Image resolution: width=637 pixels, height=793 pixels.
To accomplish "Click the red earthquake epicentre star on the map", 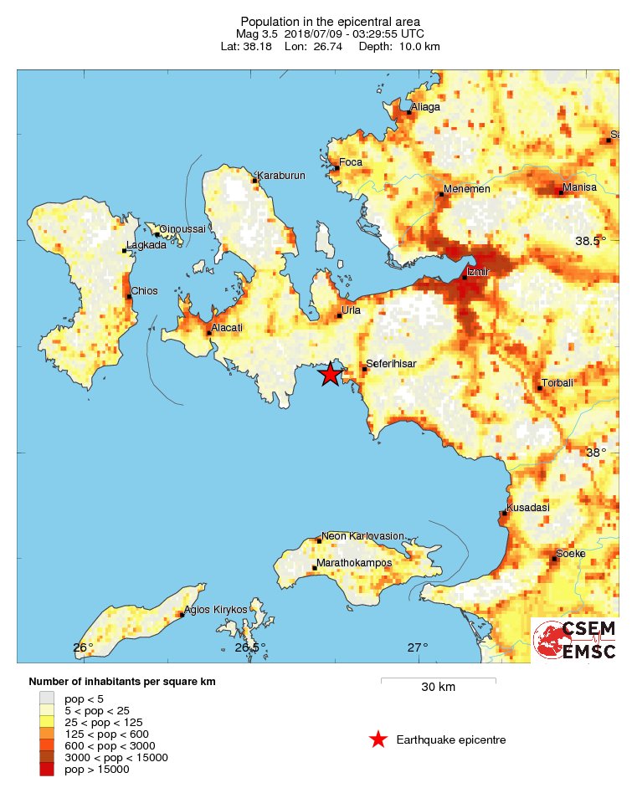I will click(x=331, y=373).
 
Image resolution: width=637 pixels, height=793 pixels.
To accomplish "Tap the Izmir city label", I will click(x=476, y=272).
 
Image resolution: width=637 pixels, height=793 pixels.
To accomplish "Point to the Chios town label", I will click(x=143, y=290).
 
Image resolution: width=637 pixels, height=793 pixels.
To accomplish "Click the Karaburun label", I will click(x=281, y=176).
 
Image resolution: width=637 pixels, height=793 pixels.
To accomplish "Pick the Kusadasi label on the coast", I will click(x=527, y=508).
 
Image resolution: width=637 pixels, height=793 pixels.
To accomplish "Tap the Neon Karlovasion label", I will click(x=363, y=535).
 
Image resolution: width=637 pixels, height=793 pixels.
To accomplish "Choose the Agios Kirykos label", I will click(x=216, y=610).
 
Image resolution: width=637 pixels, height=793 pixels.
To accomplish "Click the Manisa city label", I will click(x=579, y=187).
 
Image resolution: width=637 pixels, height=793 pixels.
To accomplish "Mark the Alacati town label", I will click(x=227, y=327).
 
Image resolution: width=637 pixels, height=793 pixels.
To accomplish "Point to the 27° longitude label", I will click(x=418, y=647).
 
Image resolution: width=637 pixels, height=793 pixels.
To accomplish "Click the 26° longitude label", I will click(x=83, y=647).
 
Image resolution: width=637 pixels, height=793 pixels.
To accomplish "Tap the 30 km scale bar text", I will click(x=438, y=688).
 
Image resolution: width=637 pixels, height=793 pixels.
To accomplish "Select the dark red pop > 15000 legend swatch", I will click(x=47, y=769).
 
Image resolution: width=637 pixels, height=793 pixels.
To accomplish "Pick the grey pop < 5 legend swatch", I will click(x=47, y=698).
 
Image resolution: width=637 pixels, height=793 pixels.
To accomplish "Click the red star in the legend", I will click(x=378, y=739).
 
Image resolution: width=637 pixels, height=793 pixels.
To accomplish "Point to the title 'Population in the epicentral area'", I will click(x=330, y=21).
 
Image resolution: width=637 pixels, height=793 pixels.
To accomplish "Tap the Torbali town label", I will click(x=558, y=383).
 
